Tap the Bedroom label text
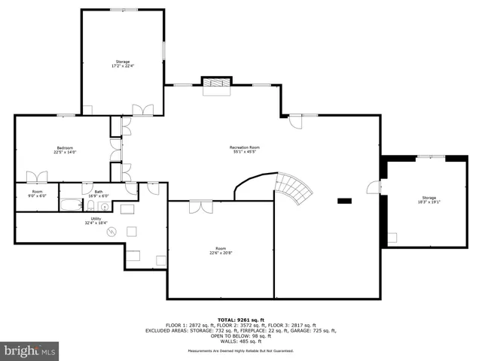pyautogui.click(x=65, y=149)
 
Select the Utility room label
pyautogui.click(x=96, y=220)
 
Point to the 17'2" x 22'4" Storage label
pyautogui.click(x=122, y=63)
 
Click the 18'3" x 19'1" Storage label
pyautogui.click(x=429, y=199)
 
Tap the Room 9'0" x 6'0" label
pyautogui.click(x=37, y=193)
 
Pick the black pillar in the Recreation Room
pyautogui.click(x=345, y=200)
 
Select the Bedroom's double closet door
pyautogui.click(x=37, y=177)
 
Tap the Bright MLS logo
pyautogui.click(x=30, y=350)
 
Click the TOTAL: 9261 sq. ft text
pyautogui.click(x=241, y=320)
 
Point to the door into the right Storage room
pyautogui.click(x=374, y=188)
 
